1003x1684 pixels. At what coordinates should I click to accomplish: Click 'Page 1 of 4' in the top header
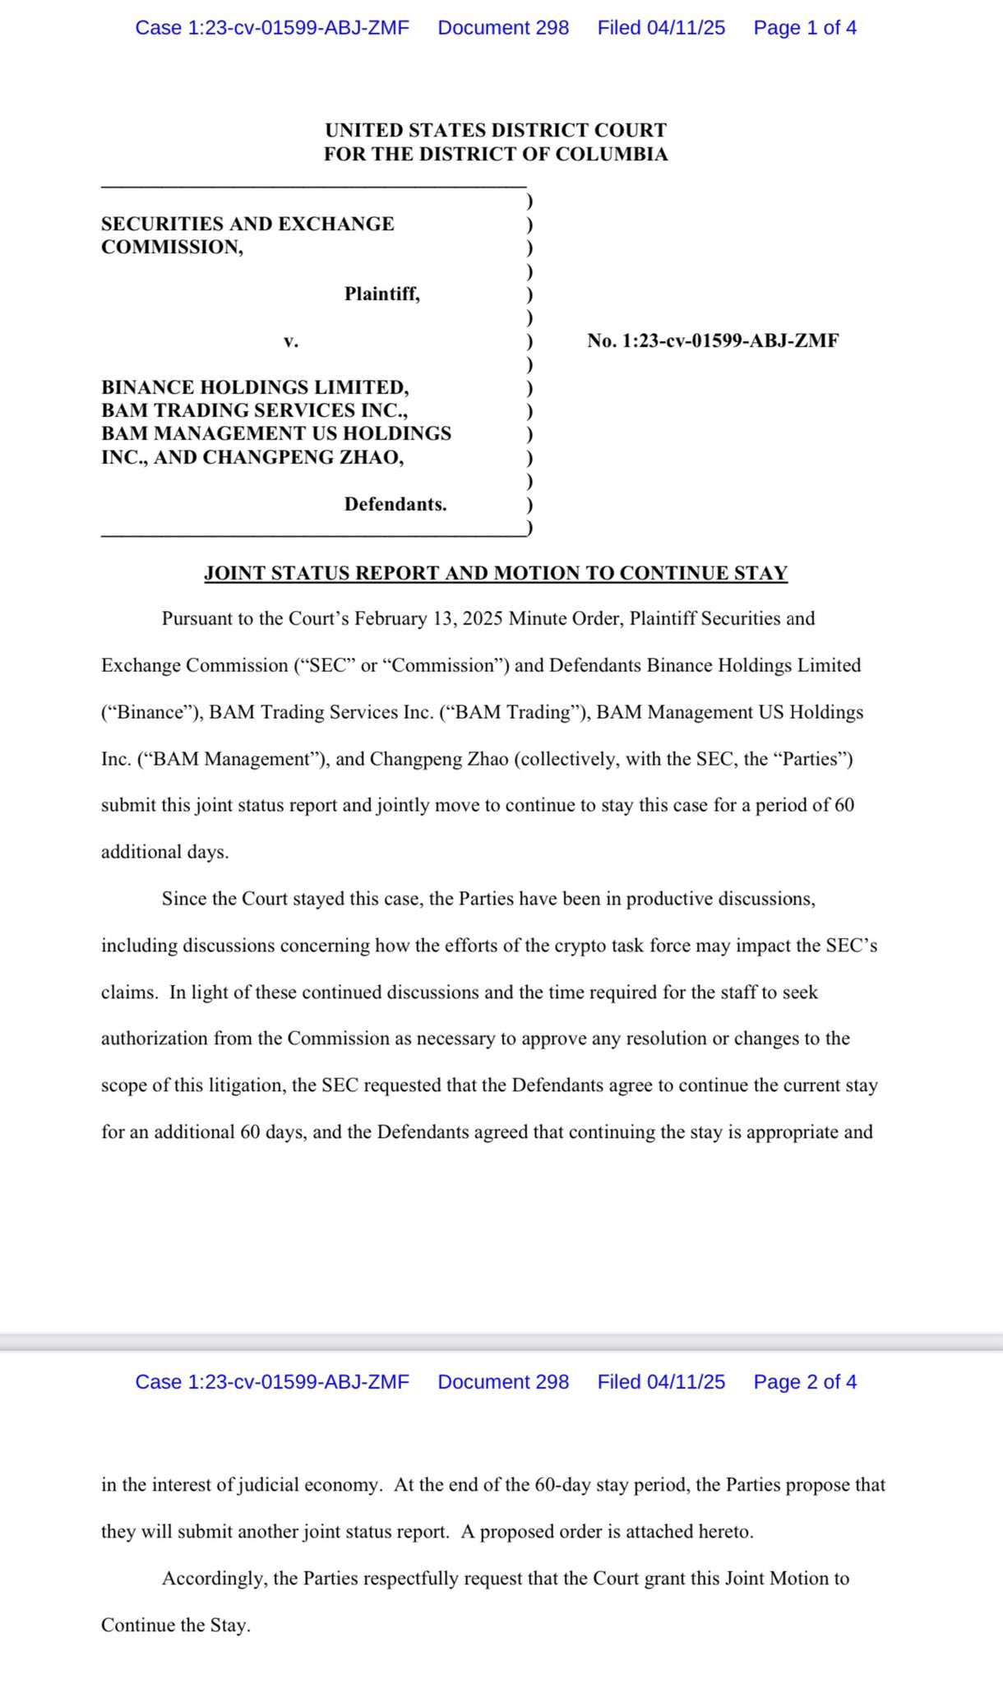pyautogui.click(x=804, y=28)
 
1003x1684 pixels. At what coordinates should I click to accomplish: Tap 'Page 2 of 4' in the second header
pyautogui.click(x=804, y=1382)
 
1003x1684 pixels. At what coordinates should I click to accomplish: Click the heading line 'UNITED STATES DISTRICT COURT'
pyautogui.click(x=495, y=130)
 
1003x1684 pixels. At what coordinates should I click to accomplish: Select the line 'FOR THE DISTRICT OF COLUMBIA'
pyautogui.click(x=495, y=154)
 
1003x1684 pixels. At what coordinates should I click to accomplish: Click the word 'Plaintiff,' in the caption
pyautogui.click(x=381, y=294)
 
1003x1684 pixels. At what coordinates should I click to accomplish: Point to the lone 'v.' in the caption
pyautogui.click(x=291, y=340)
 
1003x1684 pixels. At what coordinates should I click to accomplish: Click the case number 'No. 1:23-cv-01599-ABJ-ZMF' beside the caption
pyautogui.click(x=713, y=340)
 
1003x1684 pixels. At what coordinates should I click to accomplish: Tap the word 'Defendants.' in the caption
pyautogui.click(x=395, y=504)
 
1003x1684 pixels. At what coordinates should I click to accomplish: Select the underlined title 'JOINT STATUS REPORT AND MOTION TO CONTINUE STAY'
pyautogui.click(x=496, y=573)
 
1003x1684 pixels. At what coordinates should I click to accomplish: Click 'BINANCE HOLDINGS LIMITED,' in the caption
pyautogui.click(x=255, y=387)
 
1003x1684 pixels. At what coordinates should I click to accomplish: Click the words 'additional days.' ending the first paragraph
pyautogui.click(x=164, y=852)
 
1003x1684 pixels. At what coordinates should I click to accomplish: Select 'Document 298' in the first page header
pyautogui.click(x=503, y=28)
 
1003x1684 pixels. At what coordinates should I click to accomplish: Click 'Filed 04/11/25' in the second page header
pyautogui.click(x=661, y=1382)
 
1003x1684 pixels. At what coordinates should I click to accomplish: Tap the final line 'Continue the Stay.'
pyautogui.click(x=175, y=1626)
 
